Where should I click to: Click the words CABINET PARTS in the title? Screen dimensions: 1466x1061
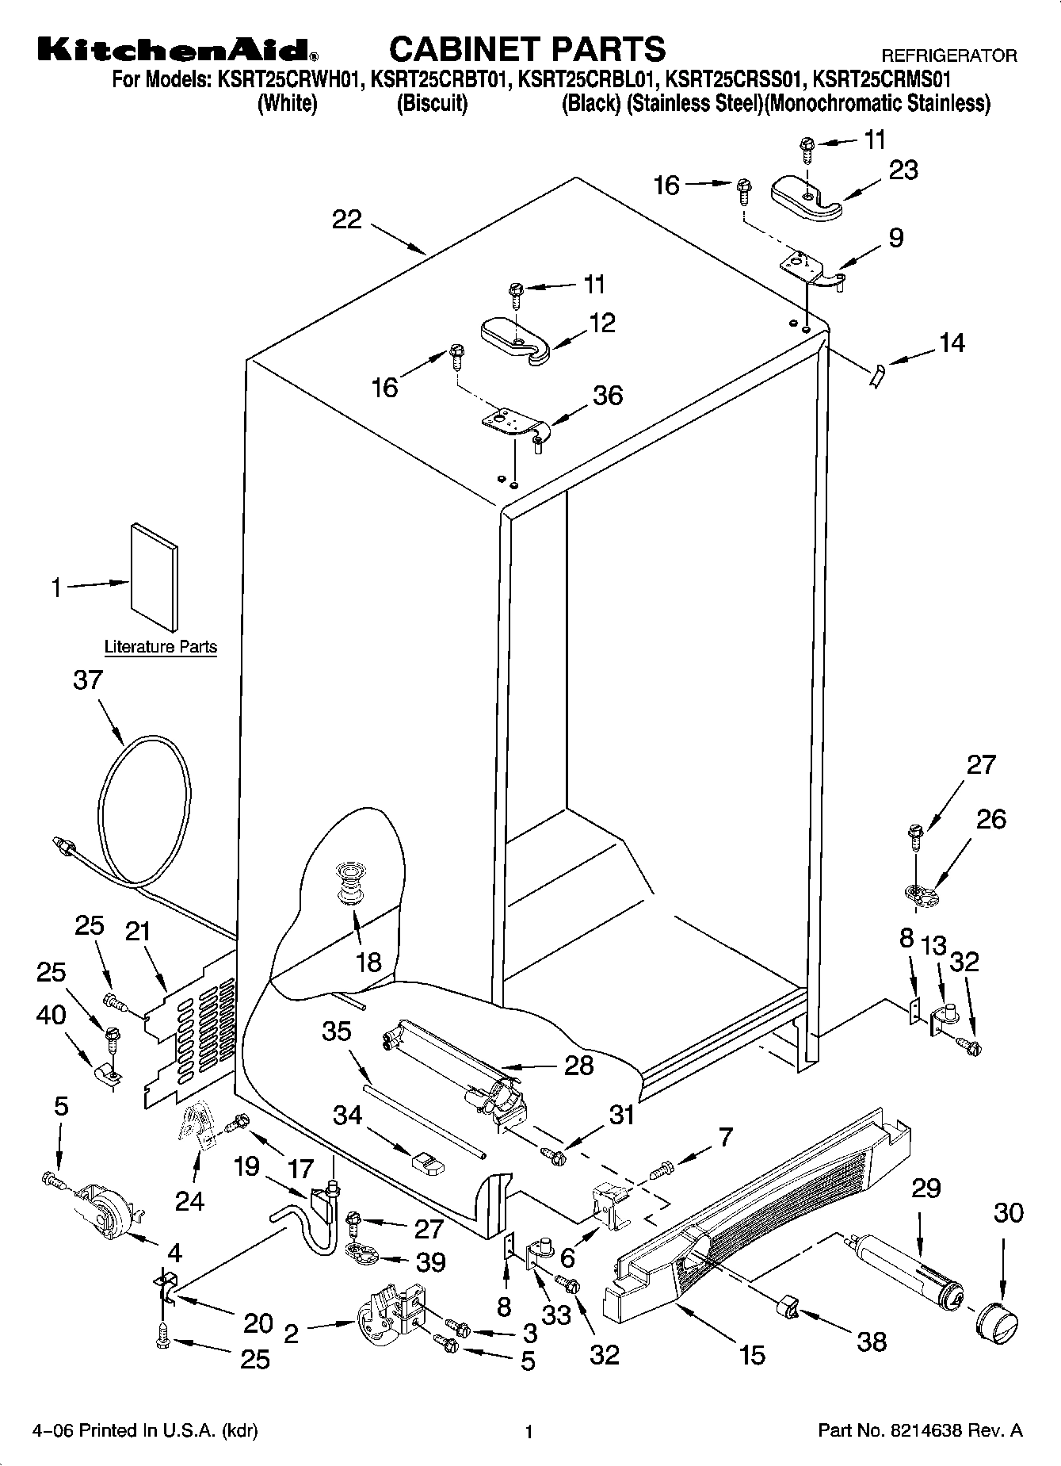click(x=527, y=49)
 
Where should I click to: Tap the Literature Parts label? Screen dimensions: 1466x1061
click(x=161, y=647)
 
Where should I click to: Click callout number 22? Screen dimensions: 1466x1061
click(x=346, y=220)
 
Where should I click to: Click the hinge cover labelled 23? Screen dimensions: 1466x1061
click(x=807, y=196)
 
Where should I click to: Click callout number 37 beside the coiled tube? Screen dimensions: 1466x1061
click(x=87, y=680)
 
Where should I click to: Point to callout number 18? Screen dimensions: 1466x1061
click(x=368, y=962)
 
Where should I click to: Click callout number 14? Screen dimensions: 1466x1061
click(x=952, y=343)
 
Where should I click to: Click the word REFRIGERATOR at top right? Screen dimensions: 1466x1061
click(x=948, y=56)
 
